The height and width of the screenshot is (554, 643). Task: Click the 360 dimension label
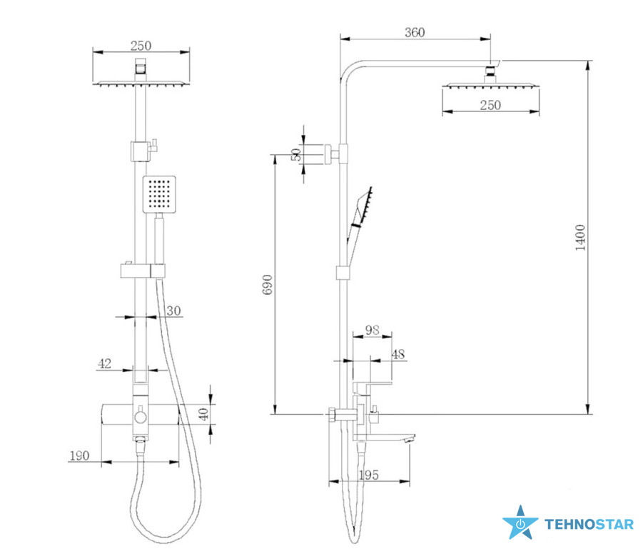pos(415,32)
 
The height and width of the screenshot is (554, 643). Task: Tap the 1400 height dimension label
pos(580,238)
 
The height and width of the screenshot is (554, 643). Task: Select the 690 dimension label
pos(267,285)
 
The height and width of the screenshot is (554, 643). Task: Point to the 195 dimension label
pos(369,475)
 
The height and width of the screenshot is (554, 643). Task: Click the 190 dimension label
pos(79,455)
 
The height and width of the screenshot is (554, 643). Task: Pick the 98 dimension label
pos(373,330)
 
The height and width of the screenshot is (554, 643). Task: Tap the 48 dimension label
pos(398,354)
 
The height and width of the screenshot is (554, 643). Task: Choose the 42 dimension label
pos(105,363)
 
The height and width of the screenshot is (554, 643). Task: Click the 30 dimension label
pos(173,311)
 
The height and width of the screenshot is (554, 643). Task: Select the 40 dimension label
pos(204,414)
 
